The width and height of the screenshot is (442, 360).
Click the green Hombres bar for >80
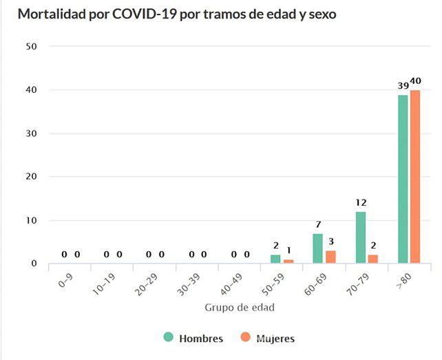pos(403,179)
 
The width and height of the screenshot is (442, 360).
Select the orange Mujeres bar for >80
pos(415,177)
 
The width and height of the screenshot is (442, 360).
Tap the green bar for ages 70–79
pos(361,237)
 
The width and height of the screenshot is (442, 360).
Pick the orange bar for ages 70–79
pos(373,260)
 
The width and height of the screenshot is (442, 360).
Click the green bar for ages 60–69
pos(318,248)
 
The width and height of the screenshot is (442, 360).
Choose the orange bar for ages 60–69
pos(330,257)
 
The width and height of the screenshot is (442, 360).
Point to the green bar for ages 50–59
pos(275,260)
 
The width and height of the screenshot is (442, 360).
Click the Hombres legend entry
pos(193,338)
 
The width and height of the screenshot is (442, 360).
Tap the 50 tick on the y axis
pos(31,46)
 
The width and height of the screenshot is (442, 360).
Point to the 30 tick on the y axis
pos(31,134)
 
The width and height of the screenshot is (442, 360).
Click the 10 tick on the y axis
pos(31,220)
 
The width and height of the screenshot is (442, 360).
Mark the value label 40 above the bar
pos(416,81)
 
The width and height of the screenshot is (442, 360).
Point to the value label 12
pos(361,203)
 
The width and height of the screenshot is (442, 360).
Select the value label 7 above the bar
pos(318,225)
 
